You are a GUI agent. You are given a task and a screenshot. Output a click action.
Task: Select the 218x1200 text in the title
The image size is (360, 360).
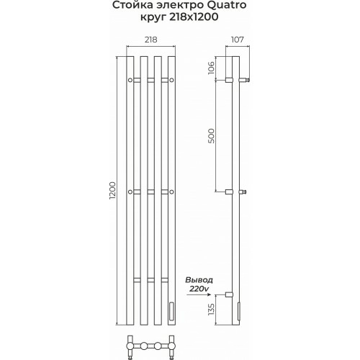point(194,17)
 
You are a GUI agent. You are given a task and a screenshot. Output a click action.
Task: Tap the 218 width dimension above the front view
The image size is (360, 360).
point(151,40)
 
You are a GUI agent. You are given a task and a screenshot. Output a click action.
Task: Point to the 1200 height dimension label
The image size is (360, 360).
point(112,191)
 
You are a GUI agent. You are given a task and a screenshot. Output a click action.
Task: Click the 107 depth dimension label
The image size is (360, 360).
point(238,40)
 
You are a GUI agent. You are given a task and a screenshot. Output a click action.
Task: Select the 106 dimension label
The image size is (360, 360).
point(211,68)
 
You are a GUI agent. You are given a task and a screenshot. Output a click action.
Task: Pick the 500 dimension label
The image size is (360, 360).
point(211,136)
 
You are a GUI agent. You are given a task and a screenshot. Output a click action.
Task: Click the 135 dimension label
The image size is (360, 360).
point(211,310)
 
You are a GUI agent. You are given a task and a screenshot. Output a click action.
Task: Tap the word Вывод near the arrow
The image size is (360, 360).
point(199,280)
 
